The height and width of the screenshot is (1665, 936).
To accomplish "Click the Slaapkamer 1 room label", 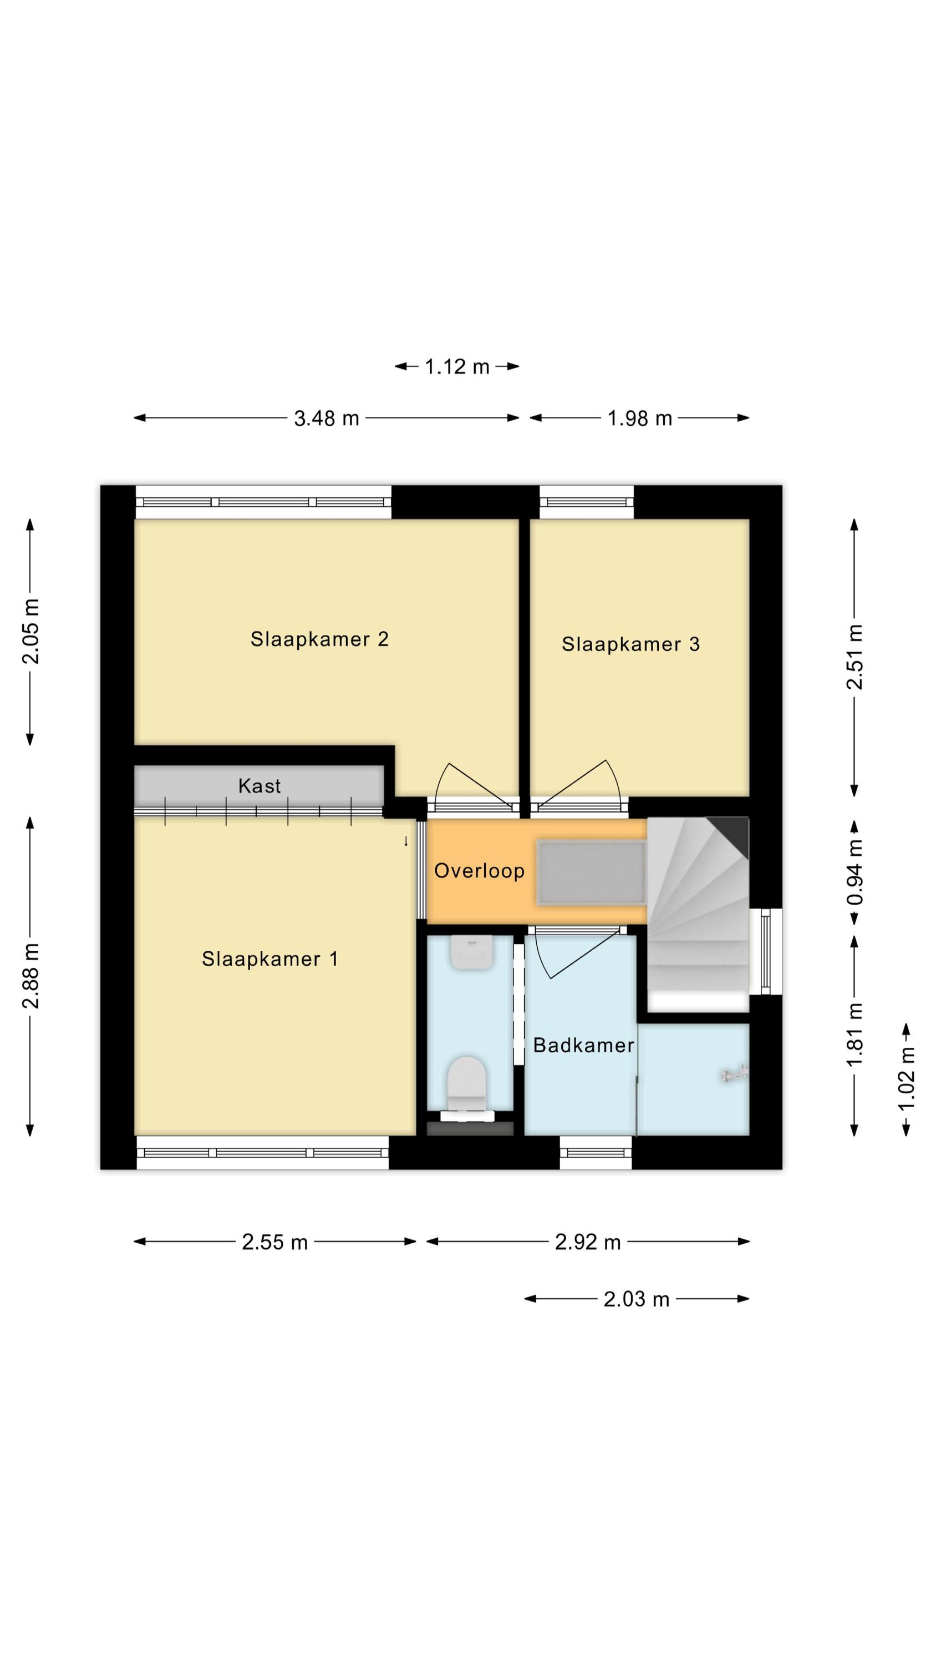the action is [269, 958].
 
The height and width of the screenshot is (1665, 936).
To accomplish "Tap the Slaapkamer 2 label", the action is [319, 639].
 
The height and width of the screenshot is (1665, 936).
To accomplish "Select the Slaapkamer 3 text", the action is [630, 644].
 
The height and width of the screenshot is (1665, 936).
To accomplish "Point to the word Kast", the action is [259, 786].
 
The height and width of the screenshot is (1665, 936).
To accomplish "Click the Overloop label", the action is [479, 871].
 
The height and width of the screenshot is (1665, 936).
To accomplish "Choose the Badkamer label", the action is [583, 1045].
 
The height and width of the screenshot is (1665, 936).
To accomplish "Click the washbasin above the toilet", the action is [471, 951].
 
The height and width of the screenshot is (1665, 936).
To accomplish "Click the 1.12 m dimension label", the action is [457, 367].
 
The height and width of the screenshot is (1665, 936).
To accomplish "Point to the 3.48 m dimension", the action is [326, 419].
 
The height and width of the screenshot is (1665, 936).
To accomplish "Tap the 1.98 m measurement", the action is [639, 419].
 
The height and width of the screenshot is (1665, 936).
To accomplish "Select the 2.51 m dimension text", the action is [854, 657].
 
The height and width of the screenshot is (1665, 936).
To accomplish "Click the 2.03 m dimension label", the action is [636, 1299].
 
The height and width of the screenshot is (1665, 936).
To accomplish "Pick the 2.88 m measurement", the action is [31, 976].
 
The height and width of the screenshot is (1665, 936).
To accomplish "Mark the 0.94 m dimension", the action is [854, 872].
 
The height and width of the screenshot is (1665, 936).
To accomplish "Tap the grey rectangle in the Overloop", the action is [592, 872].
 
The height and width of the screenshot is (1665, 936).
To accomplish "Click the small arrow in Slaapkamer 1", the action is [406, 841].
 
